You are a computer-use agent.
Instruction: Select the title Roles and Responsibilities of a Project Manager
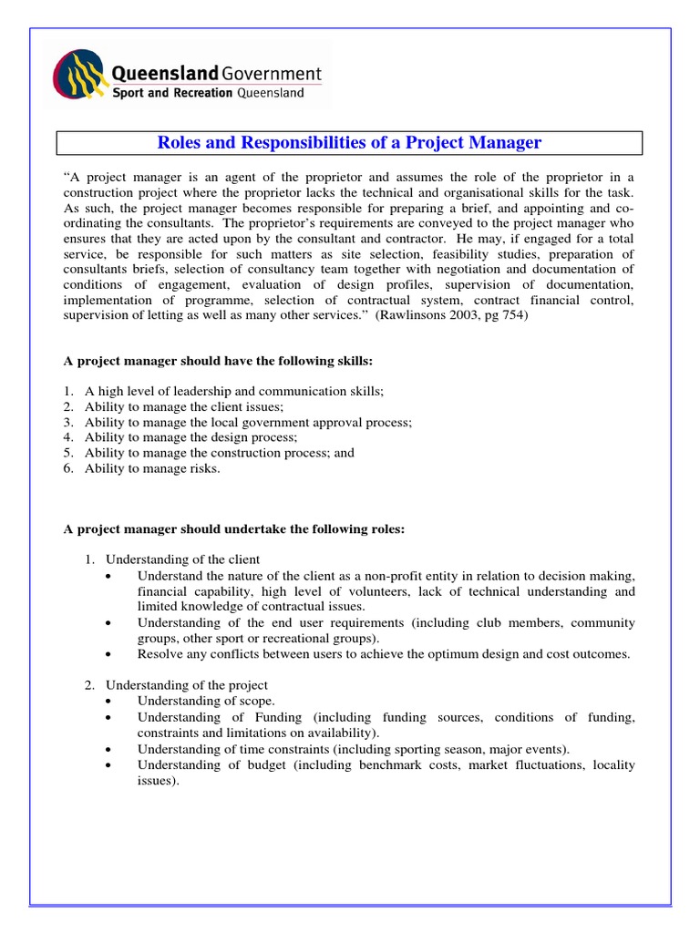point(350,143)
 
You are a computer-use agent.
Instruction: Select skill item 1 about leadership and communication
point(233,391)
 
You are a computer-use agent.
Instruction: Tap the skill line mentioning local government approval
point(248,422)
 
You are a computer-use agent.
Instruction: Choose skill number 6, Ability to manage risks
point(152,468)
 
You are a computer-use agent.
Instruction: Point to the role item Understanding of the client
point(182,559)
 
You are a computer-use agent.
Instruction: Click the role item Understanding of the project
point(187,685)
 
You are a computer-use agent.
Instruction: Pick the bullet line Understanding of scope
point(205,701)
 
